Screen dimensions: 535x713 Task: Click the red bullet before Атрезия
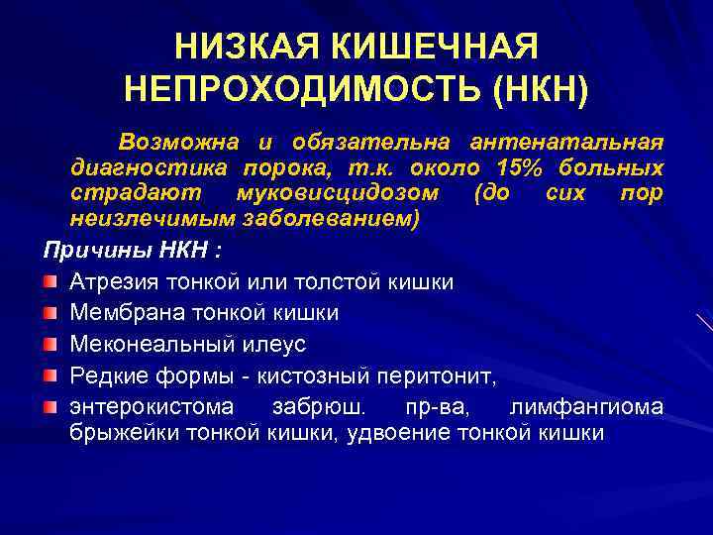50,282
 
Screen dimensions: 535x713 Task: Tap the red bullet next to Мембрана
50,313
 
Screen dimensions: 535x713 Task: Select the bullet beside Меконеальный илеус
50,345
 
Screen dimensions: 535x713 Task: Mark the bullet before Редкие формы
50,375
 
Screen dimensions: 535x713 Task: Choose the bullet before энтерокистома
50,407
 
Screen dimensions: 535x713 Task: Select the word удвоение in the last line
391,433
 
